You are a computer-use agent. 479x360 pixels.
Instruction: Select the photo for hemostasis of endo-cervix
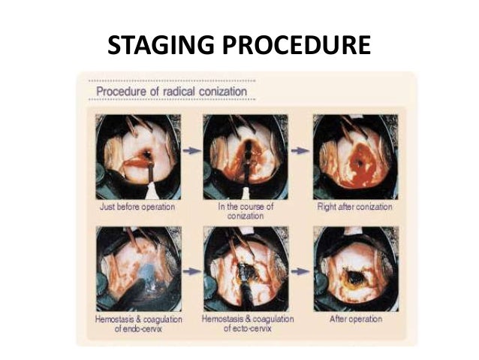(x=137, y=269)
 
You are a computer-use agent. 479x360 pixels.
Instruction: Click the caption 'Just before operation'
(x=137, y=204)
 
